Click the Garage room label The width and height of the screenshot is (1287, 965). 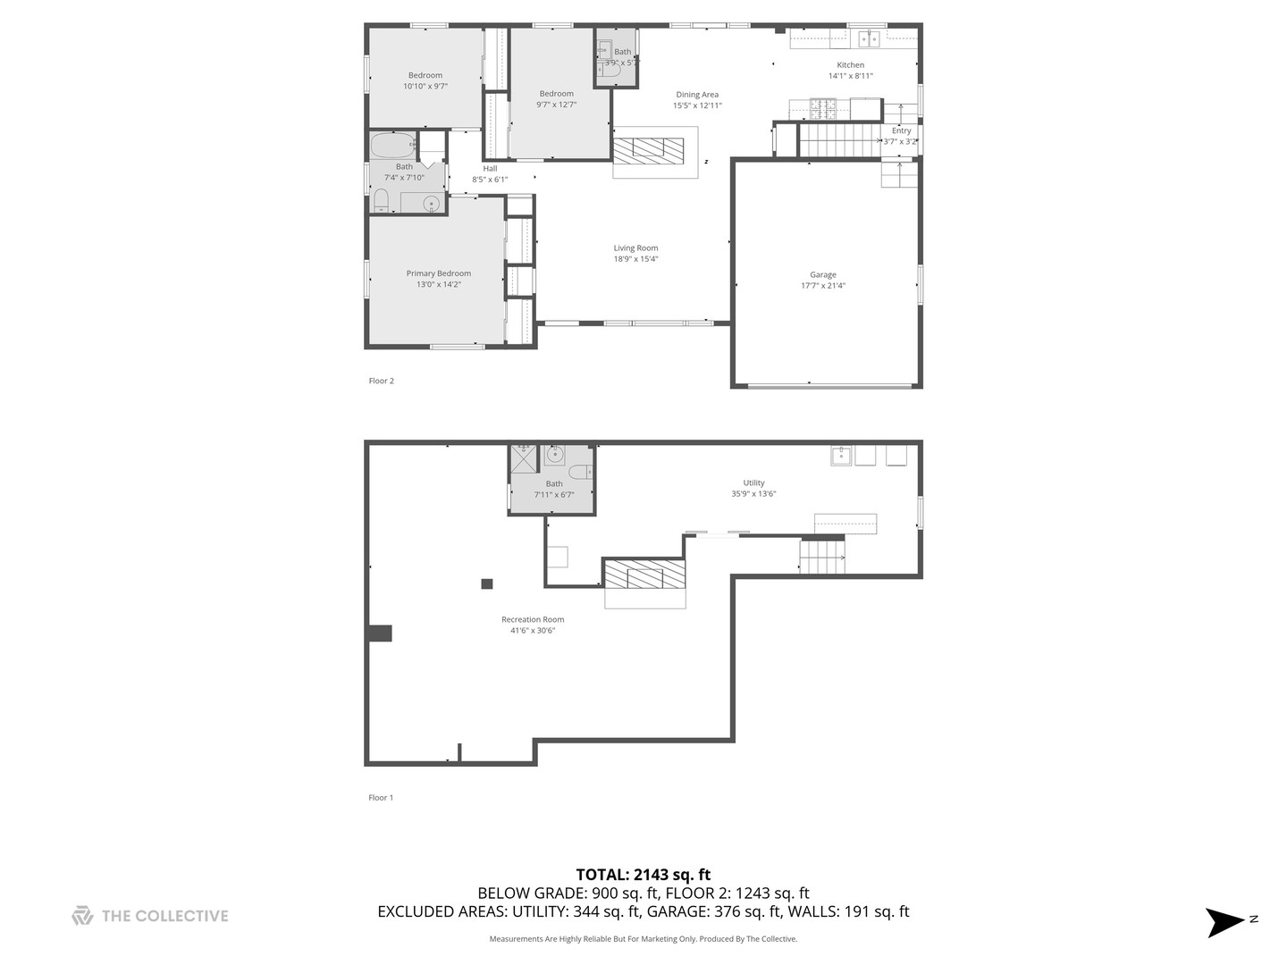tap(823, 275)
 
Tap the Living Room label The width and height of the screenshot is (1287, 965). tap(635, 248)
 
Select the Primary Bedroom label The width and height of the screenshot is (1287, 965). tap(438, 273)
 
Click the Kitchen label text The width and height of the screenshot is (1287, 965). tap(850, 65)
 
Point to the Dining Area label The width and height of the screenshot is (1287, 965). tap(697, 95)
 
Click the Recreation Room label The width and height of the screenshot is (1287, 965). tap(533, 619)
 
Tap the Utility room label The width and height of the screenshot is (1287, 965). tap(753, 482)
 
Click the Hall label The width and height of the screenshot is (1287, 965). tap(490, 168)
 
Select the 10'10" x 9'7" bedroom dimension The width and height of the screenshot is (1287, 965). tap(425, 87)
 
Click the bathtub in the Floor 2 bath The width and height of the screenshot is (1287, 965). tap(393, 145)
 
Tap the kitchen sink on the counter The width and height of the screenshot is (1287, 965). tap(869, 38)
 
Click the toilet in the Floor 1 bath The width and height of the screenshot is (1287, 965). tap(579, 472)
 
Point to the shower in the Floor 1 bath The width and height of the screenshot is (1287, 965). tap(523, 458)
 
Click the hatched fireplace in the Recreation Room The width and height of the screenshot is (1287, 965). tap(644, 575)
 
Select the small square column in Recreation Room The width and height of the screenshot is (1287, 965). tap(487, 584)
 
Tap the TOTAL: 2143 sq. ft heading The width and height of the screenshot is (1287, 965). tap(643, 875)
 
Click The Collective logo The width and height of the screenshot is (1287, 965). tap(150, 916)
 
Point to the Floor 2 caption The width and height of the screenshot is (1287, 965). tap(381, 381)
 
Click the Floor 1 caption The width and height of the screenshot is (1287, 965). tap(381, 798)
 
